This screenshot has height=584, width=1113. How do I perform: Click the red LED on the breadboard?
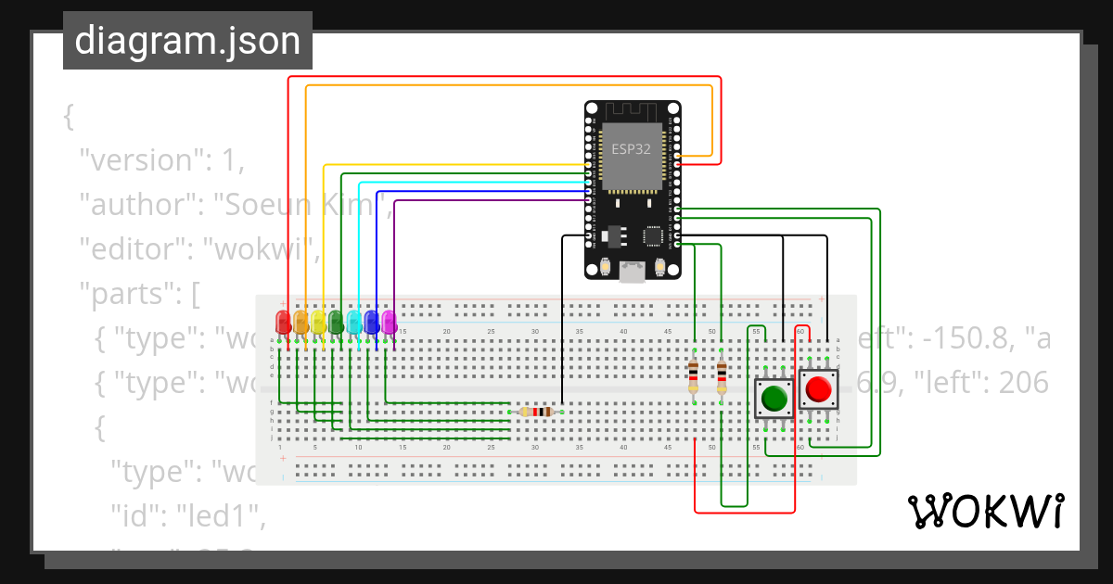284,322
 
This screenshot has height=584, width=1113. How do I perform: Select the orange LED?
301,322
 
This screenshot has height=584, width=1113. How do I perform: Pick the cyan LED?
354,322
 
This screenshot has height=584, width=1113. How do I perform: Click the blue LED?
372,322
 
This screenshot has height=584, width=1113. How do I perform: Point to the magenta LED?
389,322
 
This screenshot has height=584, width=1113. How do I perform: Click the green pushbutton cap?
774,399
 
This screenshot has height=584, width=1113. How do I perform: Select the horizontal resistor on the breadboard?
536,412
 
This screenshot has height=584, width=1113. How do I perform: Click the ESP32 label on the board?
631,148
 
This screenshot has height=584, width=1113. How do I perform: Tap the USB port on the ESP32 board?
633,273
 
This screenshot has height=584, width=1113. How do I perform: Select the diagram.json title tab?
187,41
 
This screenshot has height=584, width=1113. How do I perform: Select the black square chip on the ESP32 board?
654,236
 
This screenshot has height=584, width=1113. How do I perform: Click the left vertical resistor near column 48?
694,376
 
